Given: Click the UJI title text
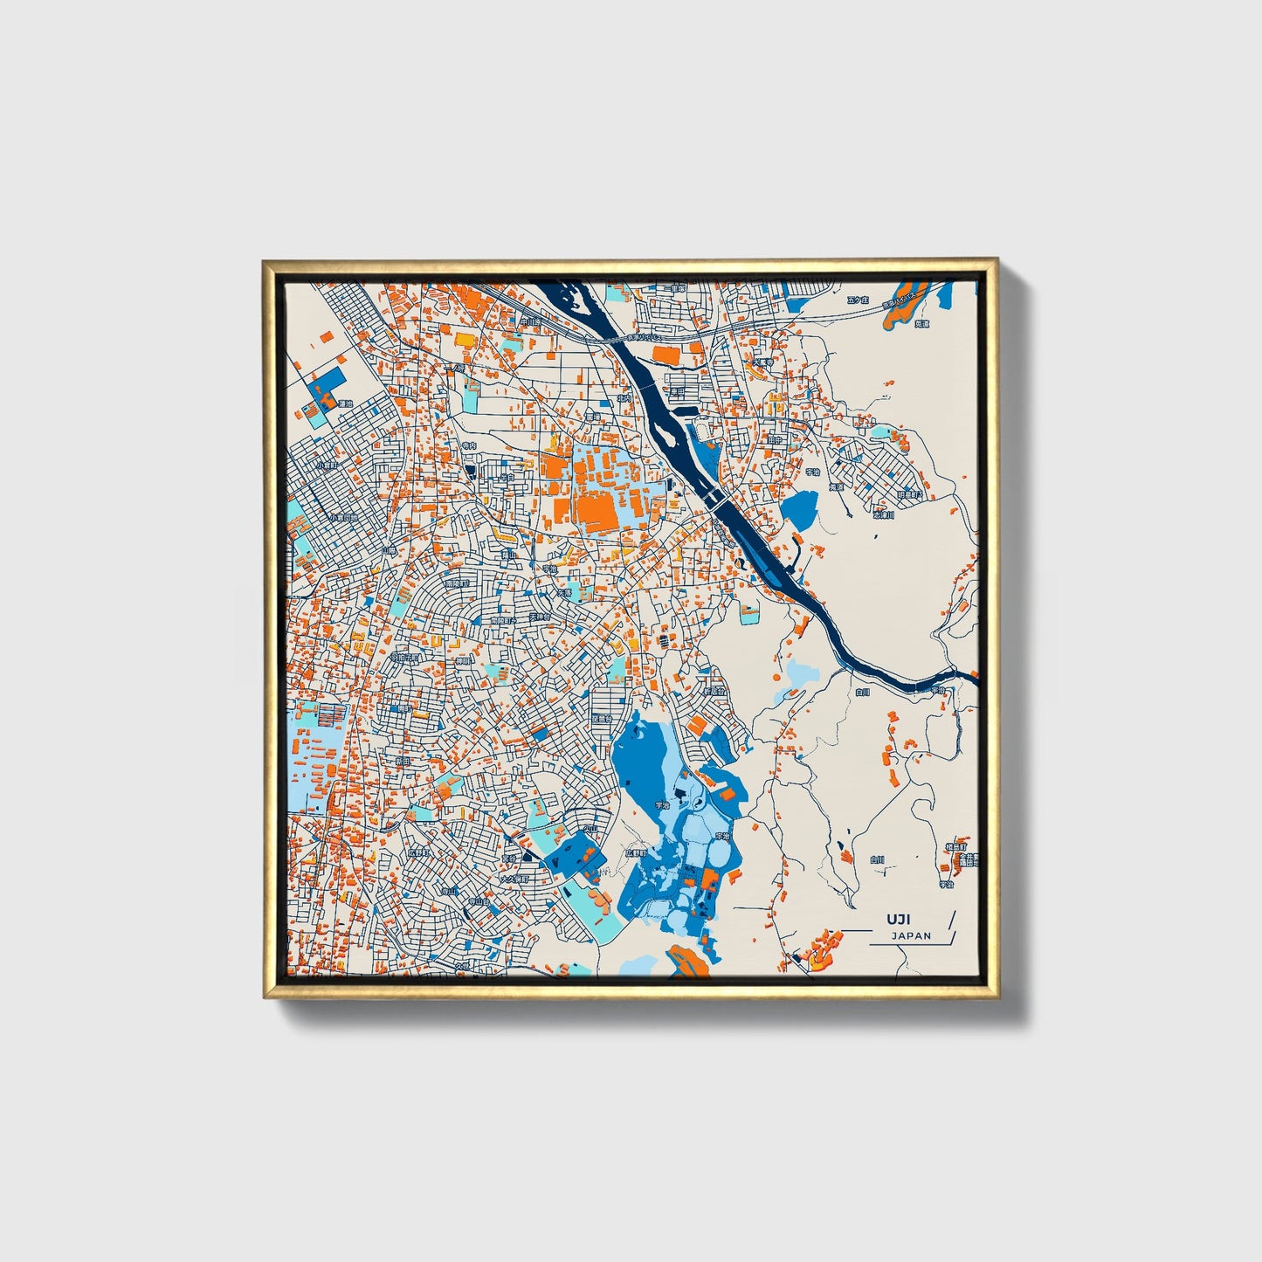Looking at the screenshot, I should click(x=898, y=920).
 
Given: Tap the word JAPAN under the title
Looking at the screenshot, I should click(x=911, y=935).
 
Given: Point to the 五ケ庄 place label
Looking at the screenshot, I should click(x=859, y=300).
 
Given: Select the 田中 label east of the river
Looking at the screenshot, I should click(x=775, y=441).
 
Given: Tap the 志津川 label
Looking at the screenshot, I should click(x=884, y=515).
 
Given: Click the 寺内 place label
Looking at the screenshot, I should click(x=470, y=445).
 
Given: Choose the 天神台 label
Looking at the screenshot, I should click(x=540, y=617).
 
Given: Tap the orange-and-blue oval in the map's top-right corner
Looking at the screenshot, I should click(x=908, y=302).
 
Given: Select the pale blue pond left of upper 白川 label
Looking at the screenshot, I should click(x=798, y=673).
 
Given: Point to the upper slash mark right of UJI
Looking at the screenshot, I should click(x=950, y=919).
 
